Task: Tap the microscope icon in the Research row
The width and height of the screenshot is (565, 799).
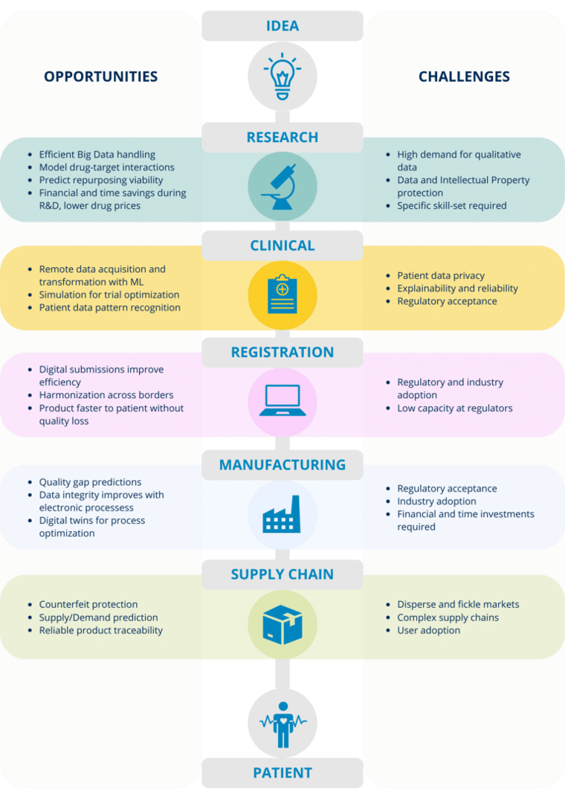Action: (x=282, y=185)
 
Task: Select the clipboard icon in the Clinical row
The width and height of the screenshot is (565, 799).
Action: (x=282, y=293)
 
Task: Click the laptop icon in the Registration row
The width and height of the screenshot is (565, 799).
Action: (x=282, y=400)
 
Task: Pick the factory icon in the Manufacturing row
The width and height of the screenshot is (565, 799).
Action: (x=282, y=513)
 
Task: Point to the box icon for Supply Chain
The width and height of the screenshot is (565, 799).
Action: (x=282, y=623)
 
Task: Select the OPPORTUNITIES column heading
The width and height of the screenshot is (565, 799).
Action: (x=100, y=77)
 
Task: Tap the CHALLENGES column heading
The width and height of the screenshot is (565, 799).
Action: (x=464, y=77)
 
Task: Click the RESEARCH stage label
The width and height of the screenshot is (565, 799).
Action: (x=282, y=137)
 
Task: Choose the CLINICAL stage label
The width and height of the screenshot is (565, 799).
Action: (x=282, y=246)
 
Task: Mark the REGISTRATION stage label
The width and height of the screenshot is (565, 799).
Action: (x=282, y=352)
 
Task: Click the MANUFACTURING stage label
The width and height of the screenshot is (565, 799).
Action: (x=282, y=465)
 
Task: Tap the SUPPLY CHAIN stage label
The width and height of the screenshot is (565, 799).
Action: (x=282, y=574)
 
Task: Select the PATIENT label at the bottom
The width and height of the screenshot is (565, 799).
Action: (x=282, y=773)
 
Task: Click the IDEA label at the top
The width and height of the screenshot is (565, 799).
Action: (x=282, y=26)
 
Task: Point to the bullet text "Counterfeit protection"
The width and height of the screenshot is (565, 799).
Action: (x=88, y=605)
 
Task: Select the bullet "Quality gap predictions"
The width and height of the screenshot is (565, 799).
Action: (x=90, y=482)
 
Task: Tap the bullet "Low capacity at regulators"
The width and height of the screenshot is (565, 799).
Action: (x=454, y=408)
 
